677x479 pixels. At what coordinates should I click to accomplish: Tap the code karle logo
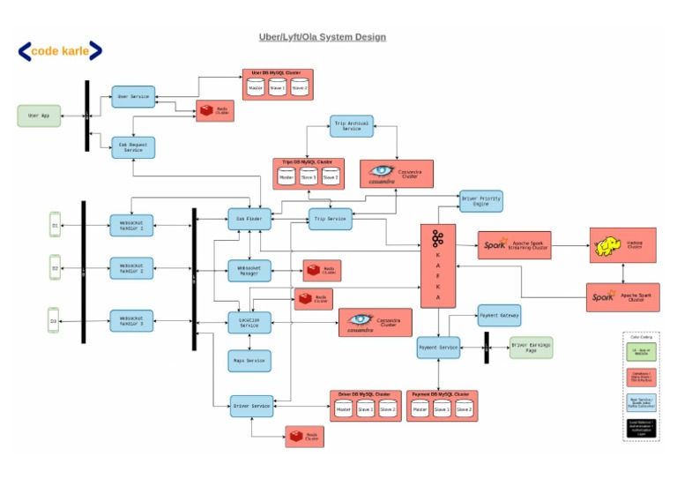[60, 51]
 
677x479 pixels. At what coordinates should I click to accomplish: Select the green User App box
[39, 116]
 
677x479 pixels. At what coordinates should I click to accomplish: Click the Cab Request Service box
[133, 146]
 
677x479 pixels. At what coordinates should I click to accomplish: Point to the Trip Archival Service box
[352, 125]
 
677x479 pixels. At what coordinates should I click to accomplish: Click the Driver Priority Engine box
[480, 201]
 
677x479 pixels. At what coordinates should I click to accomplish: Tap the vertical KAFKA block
[437, 266]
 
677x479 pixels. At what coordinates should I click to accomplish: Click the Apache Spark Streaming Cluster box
[514, 244]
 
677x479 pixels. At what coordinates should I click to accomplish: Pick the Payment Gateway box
[498, 315]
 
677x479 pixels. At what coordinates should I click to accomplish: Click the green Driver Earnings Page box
[531, 348]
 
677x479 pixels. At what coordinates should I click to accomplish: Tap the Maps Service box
[249, 361]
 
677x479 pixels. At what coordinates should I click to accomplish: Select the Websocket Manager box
[249, 271]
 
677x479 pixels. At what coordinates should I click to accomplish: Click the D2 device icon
[55, 267]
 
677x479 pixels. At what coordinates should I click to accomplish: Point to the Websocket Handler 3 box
[131, 321]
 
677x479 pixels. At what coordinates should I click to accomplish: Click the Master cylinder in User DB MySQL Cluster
[256, 88]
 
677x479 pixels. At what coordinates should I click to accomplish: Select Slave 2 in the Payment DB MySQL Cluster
[464, 409]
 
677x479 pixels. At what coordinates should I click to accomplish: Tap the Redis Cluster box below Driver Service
[304, 436]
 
